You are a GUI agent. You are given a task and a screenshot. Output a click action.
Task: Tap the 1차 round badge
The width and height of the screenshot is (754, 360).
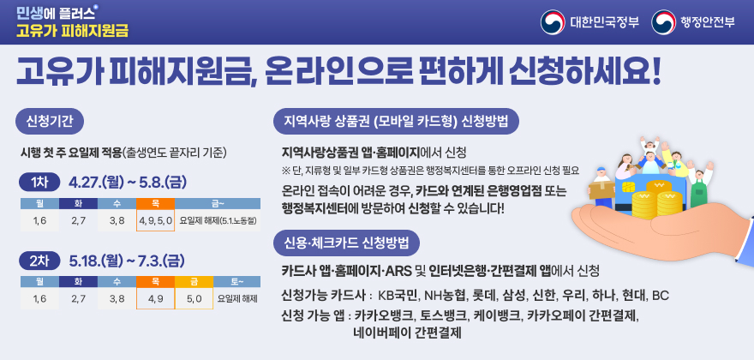point(39,183)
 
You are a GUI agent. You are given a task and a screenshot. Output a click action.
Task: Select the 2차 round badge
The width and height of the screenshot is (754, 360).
point(39,260)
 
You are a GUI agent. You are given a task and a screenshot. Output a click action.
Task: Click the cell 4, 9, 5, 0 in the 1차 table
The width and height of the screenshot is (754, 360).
point(155,221)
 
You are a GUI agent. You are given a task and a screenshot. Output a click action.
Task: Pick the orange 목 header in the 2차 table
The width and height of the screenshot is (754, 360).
point(155,280)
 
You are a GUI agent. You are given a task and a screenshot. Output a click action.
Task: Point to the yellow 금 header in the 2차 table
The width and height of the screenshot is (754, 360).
point(194,280)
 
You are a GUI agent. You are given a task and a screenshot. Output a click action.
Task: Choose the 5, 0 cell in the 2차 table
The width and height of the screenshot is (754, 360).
point(194,298)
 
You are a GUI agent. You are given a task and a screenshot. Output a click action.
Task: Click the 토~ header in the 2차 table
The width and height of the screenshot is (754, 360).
point(236,280)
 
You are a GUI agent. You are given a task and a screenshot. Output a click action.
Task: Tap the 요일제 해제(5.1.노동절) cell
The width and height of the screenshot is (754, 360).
point(218,221)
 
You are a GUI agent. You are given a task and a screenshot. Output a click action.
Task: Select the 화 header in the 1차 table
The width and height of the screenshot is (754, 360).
point(78,203)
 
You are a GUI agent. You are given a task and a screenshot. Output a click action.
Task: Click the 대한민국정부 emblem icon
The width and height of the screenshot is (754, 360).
point(554,21)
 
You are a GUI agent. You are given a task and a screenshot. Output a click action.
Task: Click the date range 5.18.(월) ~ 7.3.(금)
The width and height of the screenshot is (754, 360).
point(126,260)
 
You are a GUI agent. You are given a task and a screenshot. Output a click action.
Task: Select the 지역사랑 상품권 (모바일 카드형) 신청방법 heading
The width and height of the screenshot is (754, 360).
point(396,119)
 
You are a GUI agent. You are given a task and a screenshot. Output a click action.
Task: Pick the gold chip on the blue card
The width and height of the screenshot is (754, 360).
point(629,186)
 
